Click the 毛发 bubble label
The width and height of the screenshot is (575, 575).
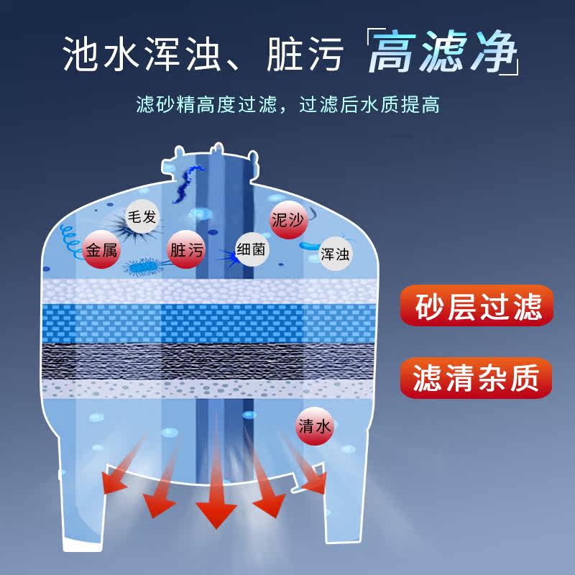point(141,216)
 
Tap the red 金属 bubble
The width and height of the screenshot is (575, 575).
point(101,250)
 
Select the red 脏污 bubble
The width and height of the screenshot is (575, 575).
point(185,250)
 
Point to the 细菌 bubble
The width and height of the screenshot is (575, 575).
point(252,249)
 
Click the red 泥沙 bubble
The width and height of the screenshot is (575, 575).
point(287,221)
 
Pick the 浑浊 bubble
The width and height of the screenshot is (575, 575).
point(334,254)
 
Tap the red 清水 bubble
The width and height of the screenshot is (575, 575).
point(315,425)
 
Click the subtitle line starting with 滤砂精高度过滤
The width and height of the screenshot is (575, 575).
point(287,106)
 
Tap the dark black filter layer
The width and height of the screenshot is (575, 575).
point(208,360)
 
